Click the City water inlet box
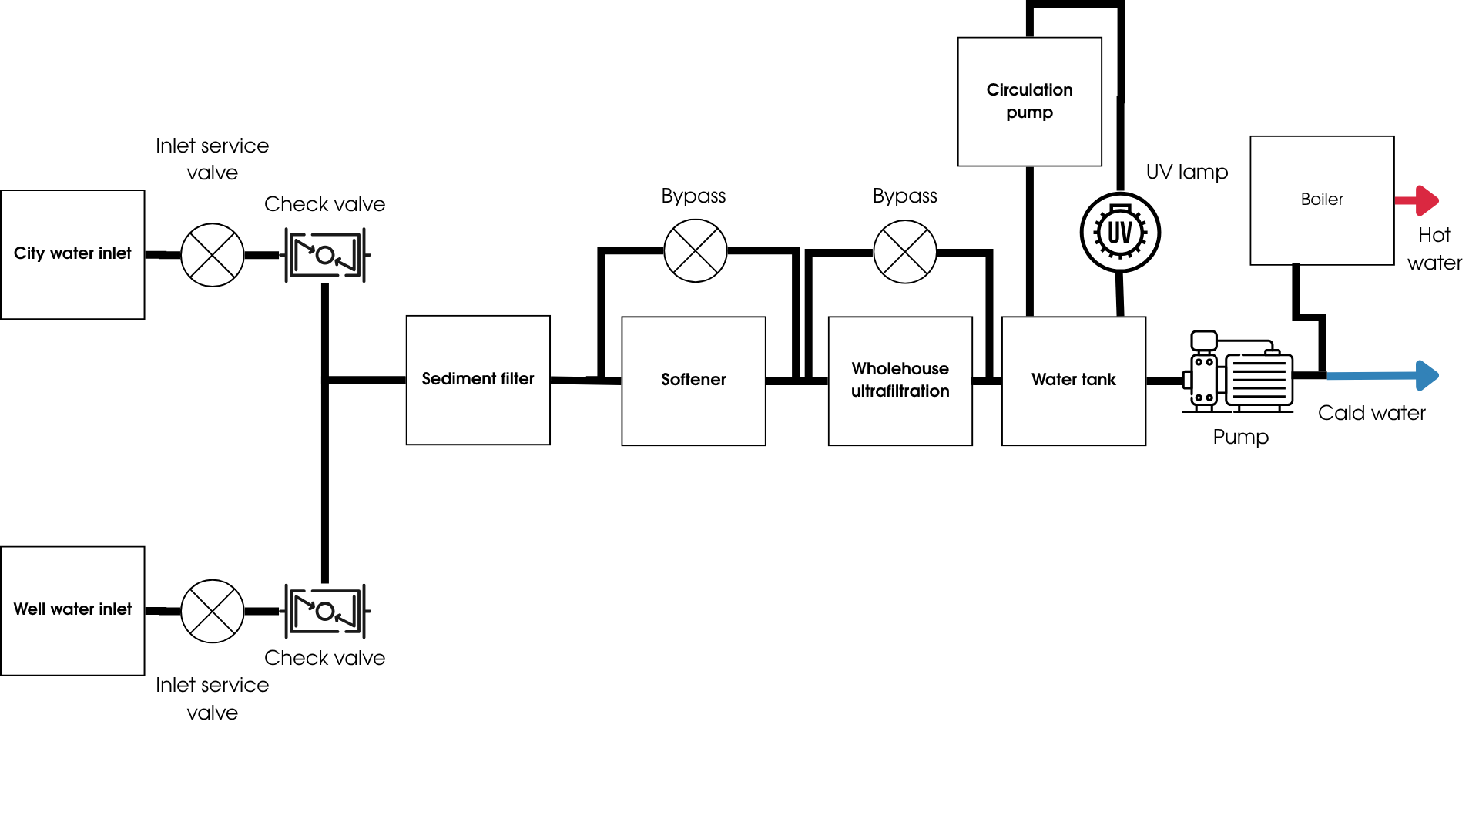point(72,254)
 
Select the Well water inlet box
point(72,611)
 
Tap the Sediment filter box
point(478,380)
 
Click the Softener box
point(693,381)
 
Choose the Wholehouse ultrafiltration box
point(900,381)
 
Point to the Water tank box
point(1073,381)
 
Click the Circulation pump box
point(1029,102)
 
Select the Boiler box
point(1322,200)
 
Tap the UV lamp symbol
point(1120,232)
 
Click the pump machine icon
point(1240,372)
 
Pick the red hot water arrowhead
point(1427,200)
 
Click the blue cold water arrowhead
point(1427,375)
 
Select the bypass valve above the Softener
point(695,250)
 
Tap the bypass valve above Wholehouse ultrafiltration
point(904,252)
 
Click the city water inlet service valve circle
point(212,255)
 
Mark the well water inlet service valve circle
point(212,611)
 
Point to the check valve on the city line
point(326,255)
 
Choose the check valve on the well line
point(326,611)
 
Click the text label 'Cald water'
point(1371,413)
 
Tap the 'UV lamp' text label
point(1186,172)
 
